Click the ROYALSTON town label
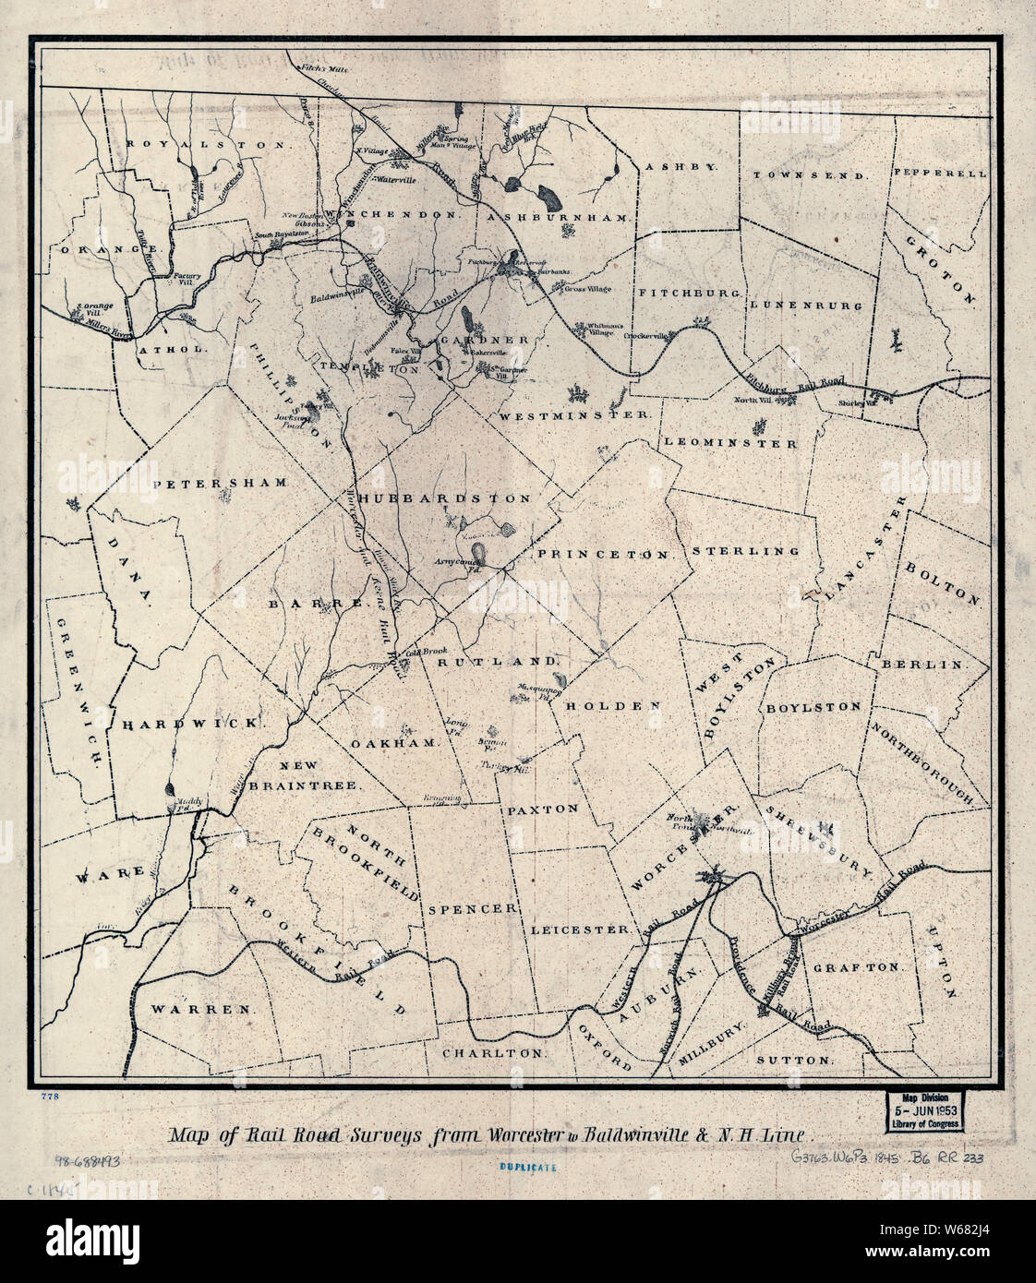pyautogui.click(x=209, y=145)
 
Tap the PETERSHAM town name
pyautogui.click(x=221, y=483)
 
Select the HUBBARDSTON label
pyautogui.click(x=446, y=498)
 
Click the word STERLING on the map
pyautogui.click(x=745, y=551)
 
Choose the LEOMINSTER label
pyautogui.click(x=730, y=443)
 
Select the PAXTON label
pyautogui.click(x=542, y=809)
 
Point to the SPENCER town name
pyautogui.click(x=471, y=908)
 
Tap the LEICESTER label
pyautogui.click(x=580, y=929)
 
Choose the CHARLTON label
pyautogui.click(x=493, y=1052)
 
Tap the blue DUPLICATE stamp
pyautogui.click(x=528, y=1168)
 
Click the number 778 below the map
pyautogui.click(x=50, y=1097)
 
